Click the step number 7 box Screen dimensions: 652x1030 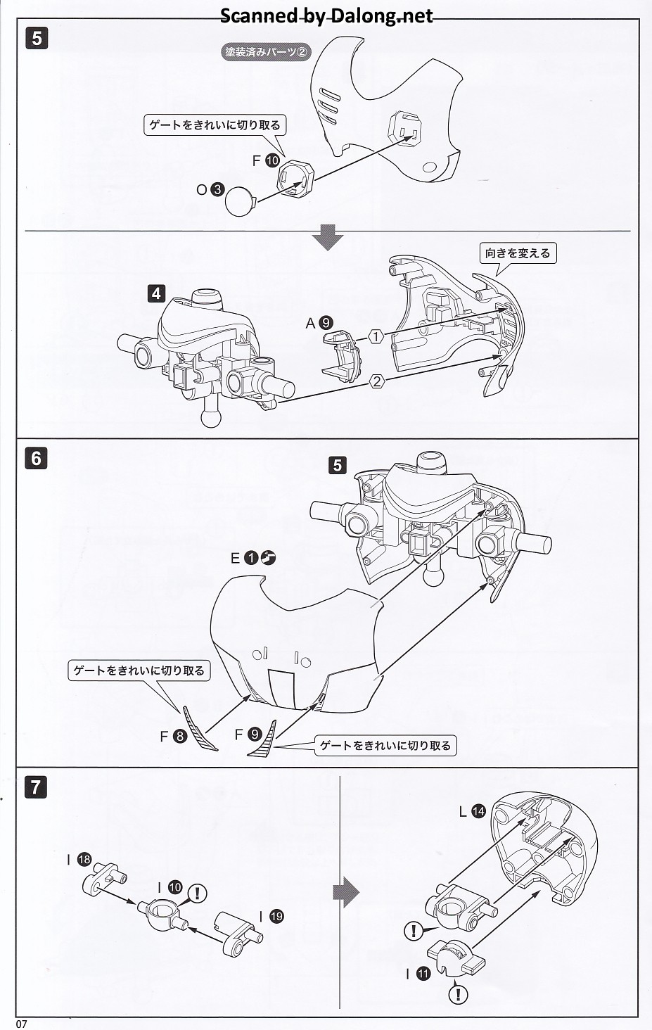click(x=37, y=787)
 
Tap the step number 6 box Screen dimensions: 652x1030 click(x=37, y=459)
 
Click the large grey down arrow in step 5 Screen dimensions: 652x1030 click(x=327, y=237)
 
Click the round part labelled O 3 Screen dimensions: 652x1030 click(x=240, y=201)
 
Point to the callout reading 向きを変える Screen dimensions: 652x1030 click(x=518, y=253)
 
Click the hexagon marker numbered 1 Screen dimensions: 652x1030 click(x=376, y=336)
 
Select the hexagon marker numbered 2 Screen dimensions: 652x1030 click(x=376, y=381)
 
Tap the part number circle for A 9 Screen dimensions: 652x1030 click(x=326, y=323)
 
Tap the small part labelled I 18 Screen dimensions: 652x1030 click(x=104, y=879)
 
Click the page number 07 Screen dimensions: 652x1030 click(x=22, y=1024)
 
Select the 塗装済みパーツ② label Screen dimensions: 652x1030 click(x=267, y=52)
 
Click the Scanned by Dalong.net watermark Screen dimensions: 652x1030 click(x=326, y=15)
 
